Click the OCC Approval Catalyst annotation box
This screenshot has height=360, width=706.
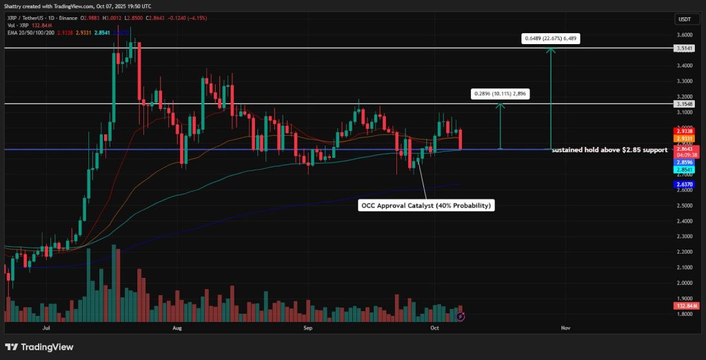click(x=426, y=205)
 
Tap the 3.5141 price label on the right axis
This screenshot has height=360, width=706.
click(x=684, y=48)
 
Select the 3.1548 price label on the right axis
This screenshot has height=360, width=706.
click(x=684, y=104)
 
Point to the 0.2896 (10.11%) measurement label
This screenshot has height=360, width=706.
click(x=500, y=93)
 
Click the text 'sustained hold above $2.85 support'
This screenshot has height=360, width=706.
click(x=609, y=149)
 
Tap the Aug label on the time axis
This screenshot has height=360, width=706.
click(x=178, y=328)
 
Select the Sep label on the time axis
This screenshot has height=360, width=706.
click(x=308, y=328)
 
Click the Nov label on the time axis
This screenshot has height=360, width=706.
click(x=566, y=328)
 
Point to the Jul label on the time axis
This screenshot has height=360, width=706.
click(x=47, y=328)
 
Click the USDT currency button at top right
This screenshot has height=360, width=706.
click(x=684, y=19)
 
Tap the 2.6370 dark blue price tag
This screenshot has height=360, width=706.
click(x=684, y=184)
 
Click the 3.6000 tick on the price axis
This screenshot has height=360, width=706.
click(x=684, y=34)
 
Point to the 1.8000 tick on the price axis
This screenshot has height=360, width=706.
click(x=684, y=314)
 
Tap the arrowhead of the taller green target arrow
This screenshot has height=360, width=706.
click(x=550, y=50)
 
